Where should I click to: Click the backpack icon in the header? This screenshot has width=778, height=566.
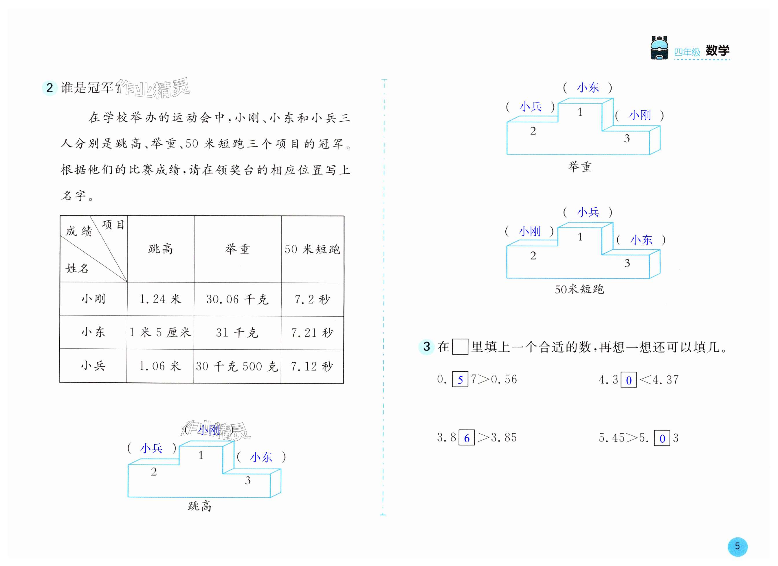(x=659, y=48)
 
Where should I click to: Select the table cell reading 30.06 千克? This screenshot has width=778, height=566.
(x=237, y=299)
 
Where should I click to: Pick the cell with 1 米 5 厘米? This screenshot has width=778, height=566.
(x=160, y=333)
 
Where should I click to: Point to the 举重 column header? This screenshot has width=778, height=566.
(x=237, y=249)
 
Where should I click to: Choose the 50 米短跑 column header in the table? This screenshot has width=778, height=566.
(x=312, y=249)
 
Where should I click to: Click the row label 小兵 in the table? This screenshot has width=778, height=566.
(x=93, y=366)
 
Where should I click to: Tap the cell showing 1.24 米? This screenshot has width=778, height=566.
(x=160, y=299)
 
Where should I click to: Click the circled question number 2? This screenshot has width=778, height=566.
(x=49, y=88)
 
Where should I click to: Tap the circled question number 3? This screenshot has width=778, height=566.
(x=426, y=346)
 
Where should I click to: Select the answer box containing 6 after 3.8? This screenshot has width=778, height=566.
(x=467, y=438)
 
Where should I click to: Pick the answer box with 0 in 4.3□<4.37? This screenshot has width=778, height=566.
(x=628, y=380)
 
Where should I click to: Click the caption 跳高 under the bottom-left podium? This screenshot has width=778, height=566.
(x=199, y=506)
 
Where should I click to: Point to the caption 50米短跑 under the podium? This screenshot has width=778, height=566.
(x=579, y=289)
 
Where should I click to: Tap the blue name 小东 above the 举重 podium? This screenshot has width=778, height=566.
(x=588, y=88)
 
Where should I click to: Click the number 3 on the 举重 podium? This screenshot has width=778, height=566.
(x=627, y=138)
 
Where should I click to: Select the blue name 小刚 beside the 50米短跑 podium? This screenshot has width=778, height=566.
(x=529, y=232)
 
